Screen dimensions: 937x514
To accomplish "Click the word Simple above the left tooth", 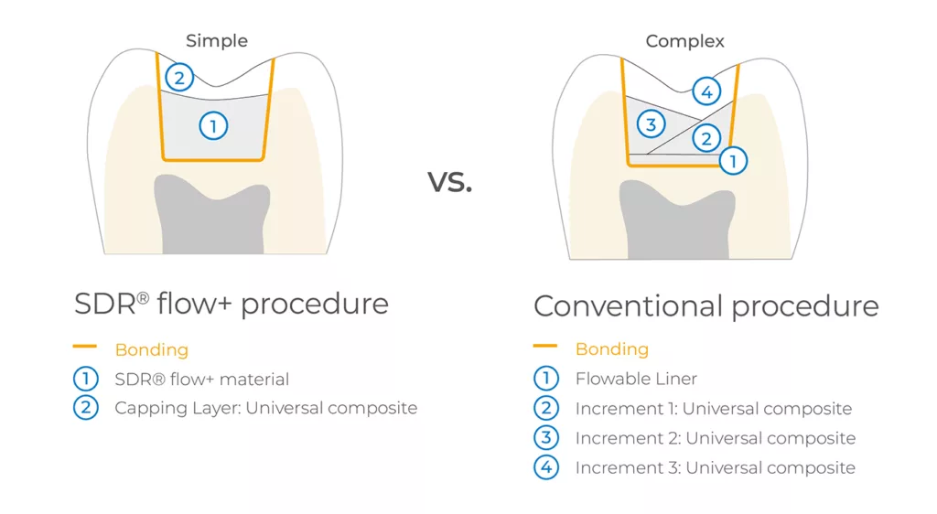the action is point(216,41).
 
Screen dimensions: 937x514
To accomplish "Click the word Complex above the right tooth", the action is point(684,41).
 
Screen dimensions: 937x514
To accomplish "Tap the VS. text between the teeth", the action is point(449,181).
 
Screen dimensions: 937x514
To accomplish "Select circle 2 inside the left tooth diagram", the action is point(179,78).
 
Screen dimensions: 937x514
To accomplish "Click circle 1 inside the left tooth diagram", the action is point(213,126).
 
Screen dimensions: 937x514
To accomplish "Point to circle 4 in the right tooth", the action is point(707,92).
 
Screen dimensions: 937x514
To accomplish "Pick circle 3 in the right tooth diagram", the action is point(652,124).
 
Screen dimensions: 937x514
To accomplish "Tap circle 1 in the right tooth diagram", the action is point(733,161).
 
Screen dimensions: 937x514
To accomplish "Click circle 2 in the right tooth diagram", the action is point(707,138).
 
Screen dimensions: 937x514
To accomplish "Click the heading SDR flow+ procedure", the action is point(232,304).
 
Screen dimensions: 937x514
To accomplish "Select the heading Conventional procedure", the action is point(705,305).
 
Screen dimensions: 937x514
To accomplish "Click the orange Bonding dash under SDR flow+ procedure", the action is point(85,347).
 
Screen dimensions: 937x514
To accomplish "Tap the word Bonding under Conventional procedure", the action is point(612,349).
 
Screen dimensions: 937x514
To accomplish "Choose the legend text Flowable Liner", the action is point(636,379).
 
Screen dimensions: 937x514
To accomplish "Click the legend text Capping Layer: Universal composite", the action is point(266,408).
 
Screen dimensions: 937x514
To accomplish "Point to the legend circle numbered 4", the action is point(546,466).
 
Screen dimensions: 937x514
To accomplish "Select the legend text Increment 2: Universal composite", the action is point(716,438).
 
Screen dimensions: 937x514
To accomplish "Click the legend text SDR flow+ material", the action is point(202,379).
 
